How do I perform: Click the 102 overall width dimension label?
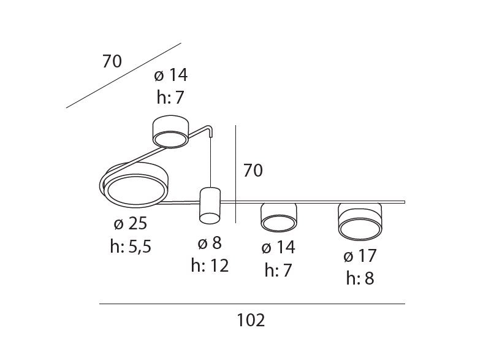[x=251, y=320]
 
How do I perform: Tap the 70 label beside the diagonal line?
[x=112, y=61]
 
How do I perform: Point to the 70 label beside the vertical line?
[x=253, y=170]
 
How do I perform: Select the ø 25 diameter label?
[x=131, y=223]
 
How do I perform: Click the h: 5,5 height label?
[x=131, y=247]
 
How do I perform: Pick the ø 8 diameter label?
[x=210, y=243]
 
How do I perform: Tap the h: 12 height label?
[x=210, y=266]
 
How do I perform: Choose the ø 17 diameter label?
[x=360, y=256]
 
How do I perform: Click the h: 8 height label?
[x=360, y=278]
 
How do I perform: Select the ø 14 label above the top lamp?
[x=170, y=75]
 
